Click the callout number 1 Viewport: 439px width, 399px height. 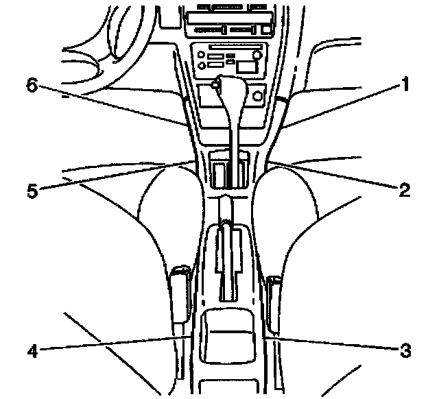[x=405, y=86]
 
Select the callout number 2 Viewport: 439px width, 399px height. [x=405, y=189]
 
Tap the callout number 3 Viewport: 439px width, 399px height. [x=405, y=350]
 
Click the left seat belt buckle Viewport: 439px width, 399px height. [x=180, y=293]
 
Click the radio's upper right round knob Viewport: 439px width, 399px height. [x=257, y=53]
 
